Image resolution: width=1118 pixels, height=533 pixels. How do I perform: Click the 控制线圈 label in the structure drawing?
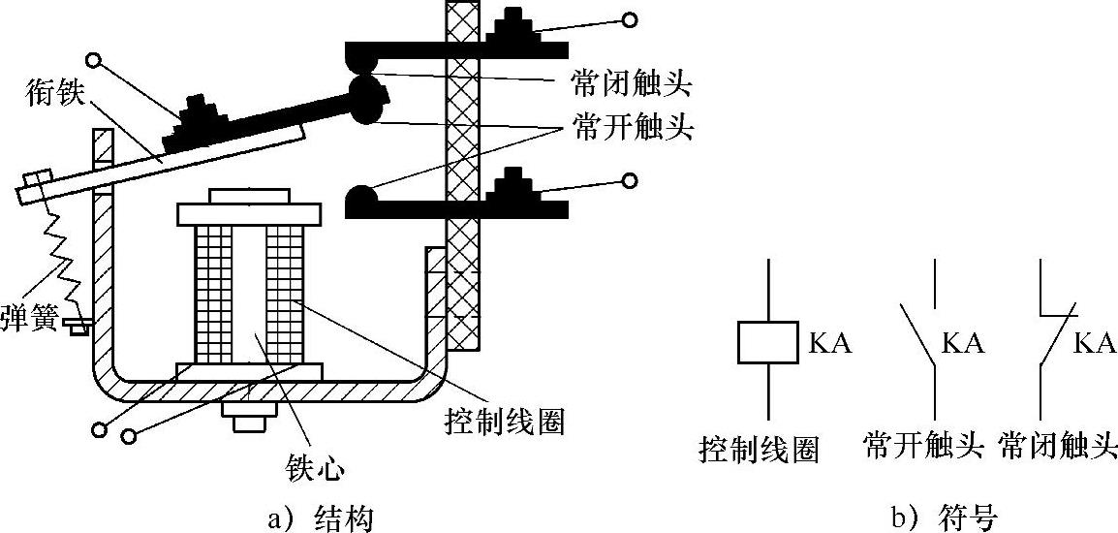[x=502, y=423]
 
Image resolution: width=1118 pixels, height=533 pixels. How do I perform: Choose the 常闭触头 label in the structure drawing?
[x=632, y=86]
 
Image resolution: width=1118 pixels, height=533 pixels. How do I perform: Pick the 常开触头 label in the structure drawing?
[x=632, y=129]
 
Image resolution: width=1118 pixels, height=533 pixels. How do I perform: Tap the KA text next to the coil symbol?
[x=830, y=344]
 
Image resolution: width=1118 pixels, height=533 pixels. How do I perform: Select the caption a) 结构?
[x=320, y=518]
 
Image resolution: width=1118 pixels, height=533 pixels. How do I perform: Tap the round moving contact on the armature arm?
[x=366, y=99]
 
